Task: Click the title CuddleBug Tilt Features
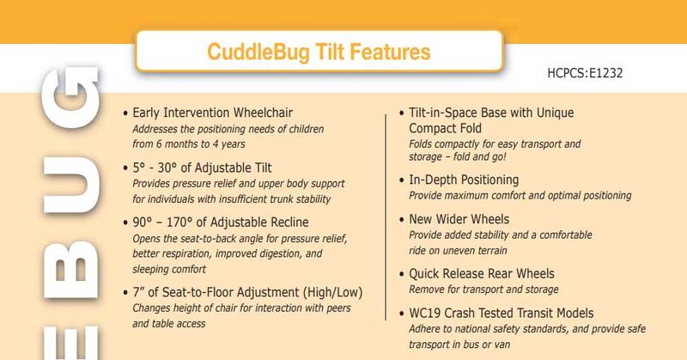click(319, 52)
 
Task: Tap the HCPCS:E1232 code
click(585, 73)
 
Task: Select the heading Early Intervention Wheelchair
click(212, 113)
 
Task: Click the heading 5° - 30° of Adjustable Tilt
click(202, 168)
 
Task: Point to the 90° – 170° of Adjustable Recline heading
click(221, 223)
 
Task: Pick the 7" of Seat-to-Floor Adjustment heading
click(247, 292)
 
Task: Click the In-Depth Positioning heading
click(464, 180)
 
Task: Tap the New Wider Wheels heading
click(459, 219)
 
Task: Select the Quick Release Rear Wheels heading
click(482, 273)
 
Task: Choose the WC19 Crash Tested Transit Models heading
click(502, 313)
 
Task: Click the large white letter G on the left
click(70, 97)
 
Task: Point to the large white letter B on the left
click(70, 270)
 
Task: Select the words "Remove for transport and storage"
click(483, 290)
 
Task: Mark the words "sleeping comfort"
click(169, 269)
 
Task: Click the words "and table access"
click(168, 324)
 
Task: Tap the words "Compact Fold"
click(445, 129)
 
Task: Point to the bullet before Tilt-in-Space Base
click(401, 113)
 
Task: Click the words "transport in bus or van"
click(459, 345)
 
